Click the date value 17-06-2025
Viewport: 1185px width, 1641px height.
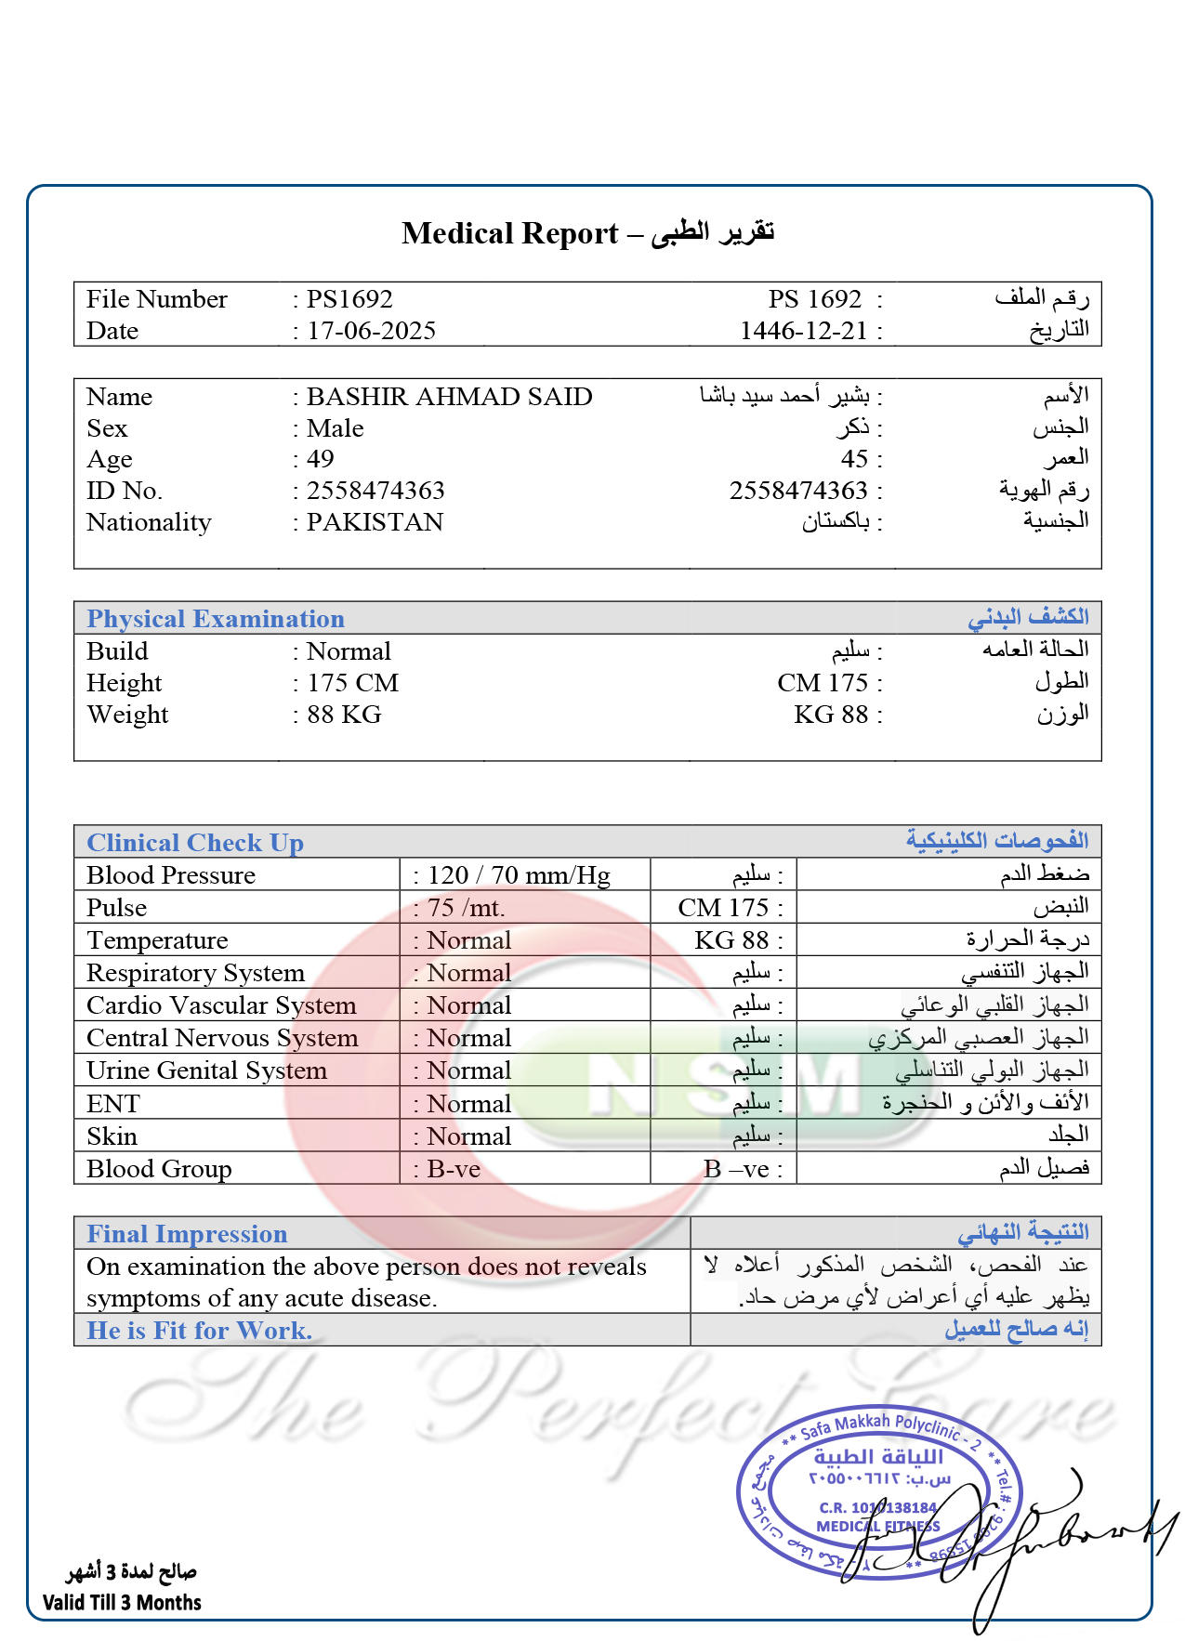coord(372,331)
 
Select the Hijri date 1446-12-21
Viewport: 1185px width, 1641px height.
coord(803,331)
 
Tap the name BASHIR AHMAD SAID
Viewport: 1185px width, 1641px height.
coord(450,397)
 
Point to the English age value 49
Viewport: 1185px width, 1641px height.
coord(321,459)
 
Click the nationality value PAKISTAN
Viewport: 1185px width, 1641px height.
coord(375,522)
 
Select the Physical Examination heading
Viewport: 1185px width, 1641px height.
coord(216,619)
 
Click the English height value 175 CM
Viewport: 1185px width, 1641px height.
coord(353,683)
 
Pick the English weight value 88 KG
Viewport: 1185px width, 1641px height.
coord(345,715)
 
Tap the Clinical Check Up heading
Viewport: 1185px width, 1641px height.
coord(195,843)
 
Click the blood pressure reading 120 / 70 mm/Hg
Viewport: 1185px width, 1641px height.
coord(519,875)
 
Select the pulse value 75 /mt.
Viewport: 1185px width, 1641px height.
coord(467,908)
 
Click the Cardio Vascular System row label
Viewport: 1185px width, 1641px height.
coord(221,1005)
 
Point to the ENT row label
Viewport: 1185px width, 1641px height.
coord(112,1104)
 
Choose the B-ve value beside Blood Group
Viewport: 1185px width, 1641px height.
coord(454,1169)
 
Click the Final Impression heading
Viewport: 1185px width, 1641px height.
coord(187,1234)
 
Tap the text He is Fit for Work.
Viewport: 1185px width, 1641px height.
coord(199,1331)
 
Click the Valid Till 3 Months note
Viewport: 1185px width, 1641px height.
coord(122,1602)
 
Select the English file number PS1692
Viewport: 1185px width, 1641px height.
coord(349,299)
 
